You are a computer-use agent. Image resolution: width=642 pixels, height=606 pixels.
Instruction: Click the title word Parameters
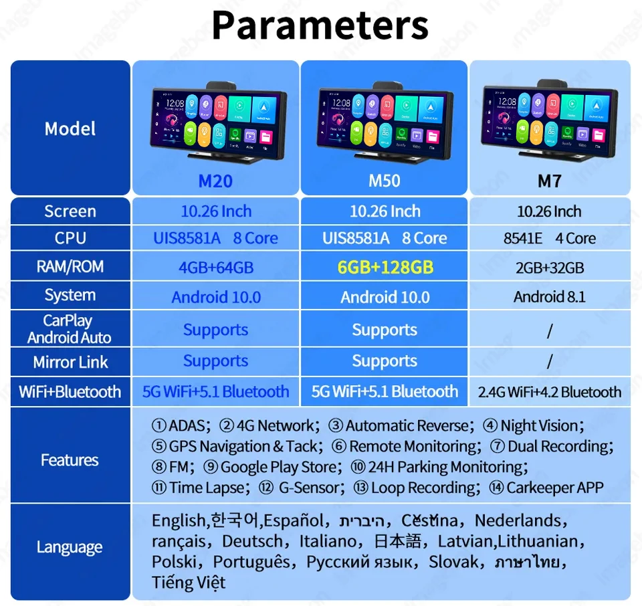pyautogui.click(x=320, y=25)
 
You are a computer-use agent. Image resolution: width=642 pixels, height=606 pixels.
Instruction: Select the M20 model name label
pyautogui.click(x=215, y=181)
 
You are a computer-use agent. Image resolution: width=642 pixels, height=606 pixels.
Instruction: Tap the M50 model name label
pyautogui.click(x=385, y=181)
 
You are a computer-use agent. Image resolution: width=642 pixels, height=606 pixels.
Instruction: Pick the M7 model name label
pyautogui.click(x=549, y=181)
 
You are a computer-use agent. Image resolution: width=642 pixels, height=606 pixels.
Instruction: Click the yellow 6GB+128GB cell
pyautogui.click(x=385, y=268)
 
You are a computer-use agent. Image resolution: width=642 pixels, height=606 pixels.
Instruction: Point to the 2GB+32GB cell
pyautogui.click(x=550, y=268)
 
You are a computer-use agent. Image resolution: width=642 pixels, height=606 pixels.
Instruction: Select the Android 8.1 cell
pyautogui.click(x=550, y=297)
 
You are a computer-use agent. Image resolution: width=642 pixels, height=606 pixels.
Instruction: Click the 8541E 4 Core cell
pyautogui.click(x=550, y=239)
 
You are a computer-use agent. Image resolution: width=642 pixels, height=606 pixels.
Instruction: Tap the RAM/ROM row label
pyautogui.click(x=70, y=267)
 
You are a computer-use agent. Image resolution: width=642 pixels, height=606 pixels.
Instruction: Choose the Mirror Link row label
pyautogui.click(x=70, y=363)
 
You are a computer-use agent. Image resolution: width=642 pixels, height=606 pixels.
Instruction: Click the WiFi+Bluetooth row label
pyautogui.click(x=70, y=392)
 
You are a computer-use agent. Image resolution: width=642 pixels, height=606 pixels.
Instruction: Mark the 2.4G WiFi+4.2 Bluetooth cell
pyautogui.click(x=550, y=392)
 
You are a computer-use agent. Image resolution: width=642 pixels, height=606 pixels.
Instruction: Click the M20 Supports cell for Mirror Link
pyautogui.click(x=215, y=361)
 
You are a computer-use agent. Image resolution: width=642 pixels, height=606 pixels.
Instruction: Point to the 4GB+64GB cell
pyautogui.click(x=215, y=268)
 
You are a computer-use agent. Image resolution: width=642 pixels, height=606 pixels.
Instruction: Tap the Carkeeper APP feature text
pyautogui.click(x=554, y=488)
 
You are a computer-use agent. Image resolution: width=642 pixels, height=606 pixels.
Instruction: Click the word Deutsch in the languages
pyautogui.click(x=252, y=541)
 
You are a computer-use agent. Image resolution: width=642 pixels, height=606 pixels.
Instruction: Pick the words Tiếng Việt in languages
pyautogui.click(x=188, y=583)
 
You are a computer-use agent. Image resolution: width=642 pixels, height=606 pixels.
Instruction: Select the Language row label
pyautogui.click(x=70, y=547)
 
